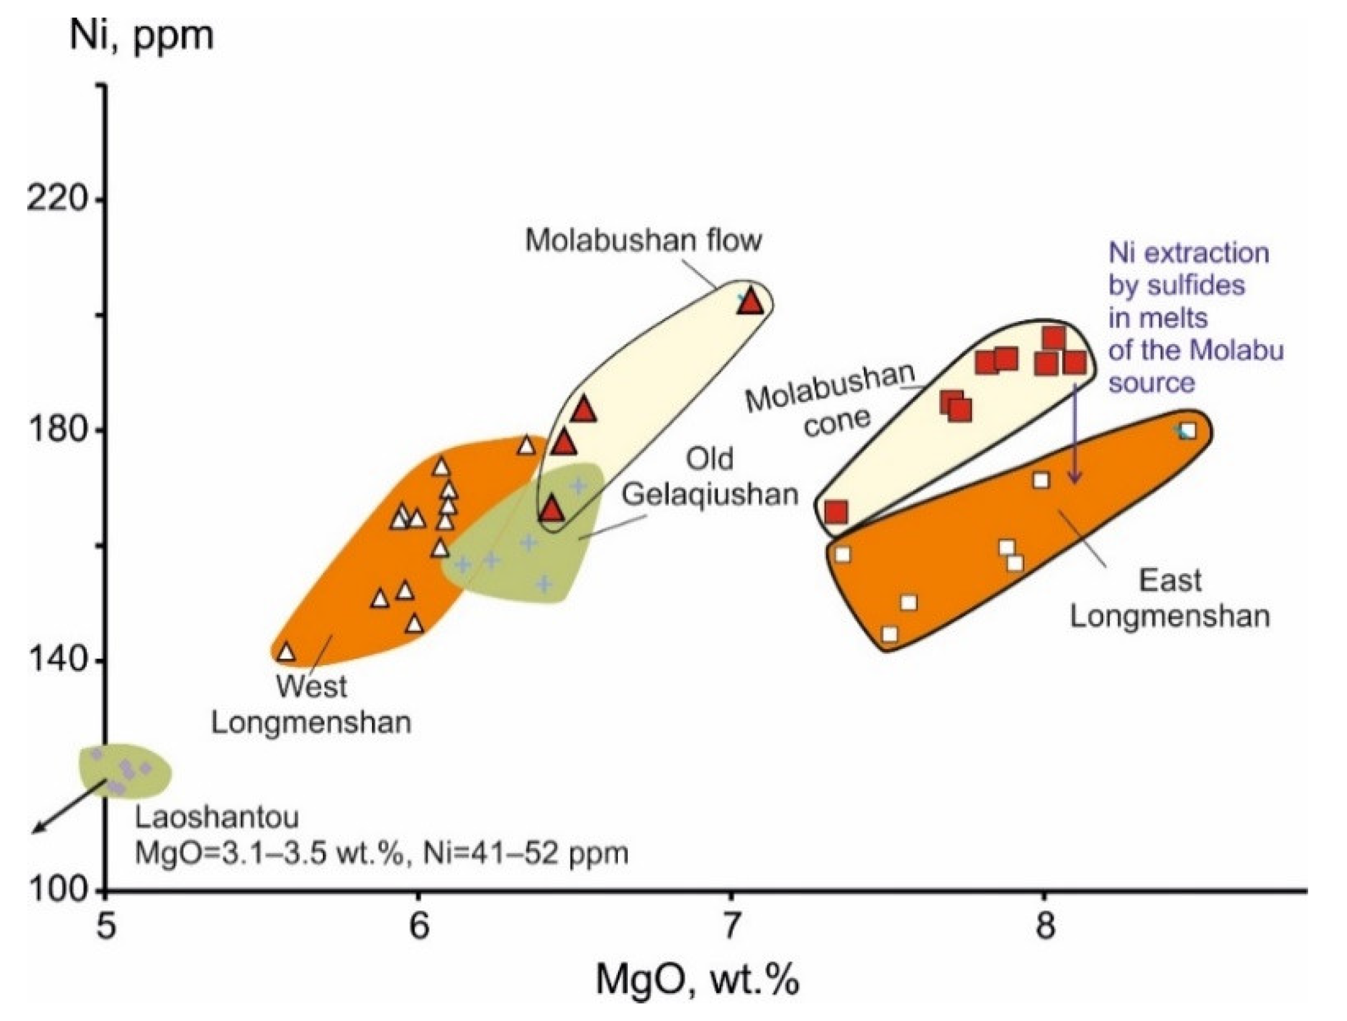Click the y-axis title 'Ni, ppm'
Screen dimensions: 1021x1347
click(141, 35)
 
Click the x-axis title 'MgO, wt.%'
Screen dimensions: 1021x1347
click(697, 980)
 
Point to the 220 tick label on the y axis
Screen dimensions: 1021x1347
click(56, 198)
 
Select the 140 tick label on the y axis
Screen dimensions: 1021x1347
click(56, 660)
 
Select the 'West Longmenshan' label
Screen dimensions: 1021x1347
click(311, 705)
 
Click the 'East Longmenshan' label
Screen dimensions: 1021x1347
click(1170, 599)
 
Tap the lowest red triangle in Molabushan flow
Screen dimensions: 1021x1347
click(552, 509)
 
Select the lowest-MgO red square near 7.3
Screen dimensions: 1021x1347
click(836, 512)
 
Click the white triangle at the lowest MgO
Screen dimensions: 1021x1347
click(286, 652)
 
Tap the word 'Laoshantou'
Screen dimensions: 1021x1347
click(217, 818)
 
